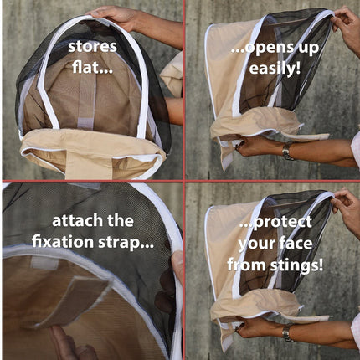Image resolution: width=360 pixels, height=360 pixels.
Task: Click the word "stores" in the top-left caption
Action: coord(93,44)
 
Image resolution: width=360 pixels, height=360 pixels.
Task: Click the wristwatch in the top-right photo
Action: coord(287,152)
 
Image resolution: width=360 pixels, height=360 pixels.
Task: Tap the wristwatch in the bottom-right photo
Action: coord(287,334)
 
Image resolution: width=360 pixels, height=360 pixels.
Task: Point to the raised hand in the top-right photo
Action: coord(343,25)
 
